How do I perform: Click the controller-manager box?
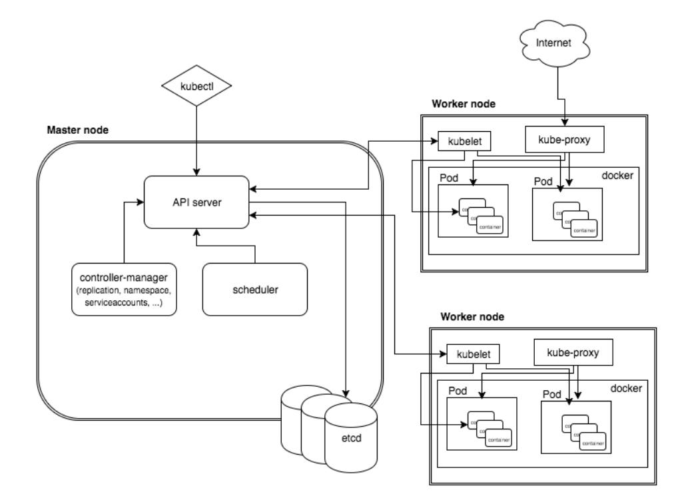[x=125, y=289]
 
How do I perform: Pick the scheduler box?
[x=255, y=289]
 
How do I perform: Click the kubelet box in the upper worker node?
[x=458, y=141]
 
